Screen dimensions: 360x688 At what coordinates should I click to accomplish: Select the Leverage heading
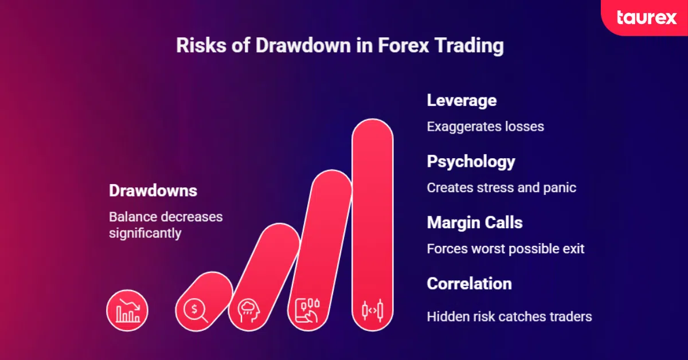(462, 100)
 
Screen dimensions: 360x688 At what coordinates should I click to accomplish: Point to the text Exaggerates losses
(485, 126)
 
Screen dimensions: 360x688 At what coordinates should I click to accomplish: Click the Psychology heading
(471, 162)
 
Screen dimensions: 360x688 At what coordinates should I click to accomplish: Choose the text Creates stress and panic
(501, 187)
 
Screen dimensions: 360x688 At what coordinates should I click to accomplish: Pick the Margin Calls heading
(475, 222)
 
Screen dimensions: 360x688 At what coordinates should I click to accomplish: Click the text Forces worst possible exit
(506, 249)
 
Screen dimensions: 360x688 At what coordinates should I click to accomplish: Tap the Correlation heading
(469, 284)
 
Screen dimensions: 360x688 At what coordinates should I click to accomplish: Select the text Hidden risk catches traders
(509, 316)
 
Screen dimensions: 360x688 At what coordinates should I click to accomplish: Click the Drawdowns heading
(153, 191)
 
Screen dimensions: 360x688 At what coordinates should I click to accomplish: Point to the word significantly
(145, 233)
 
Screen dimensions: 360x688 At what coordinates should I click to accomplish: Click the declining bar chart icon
(127, 311)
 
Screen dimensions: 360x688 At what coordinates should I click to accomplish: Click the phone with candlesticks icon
(307, 310)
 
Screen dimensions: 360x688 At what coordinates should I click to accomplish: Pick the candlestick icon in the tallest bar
(372, 310)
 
